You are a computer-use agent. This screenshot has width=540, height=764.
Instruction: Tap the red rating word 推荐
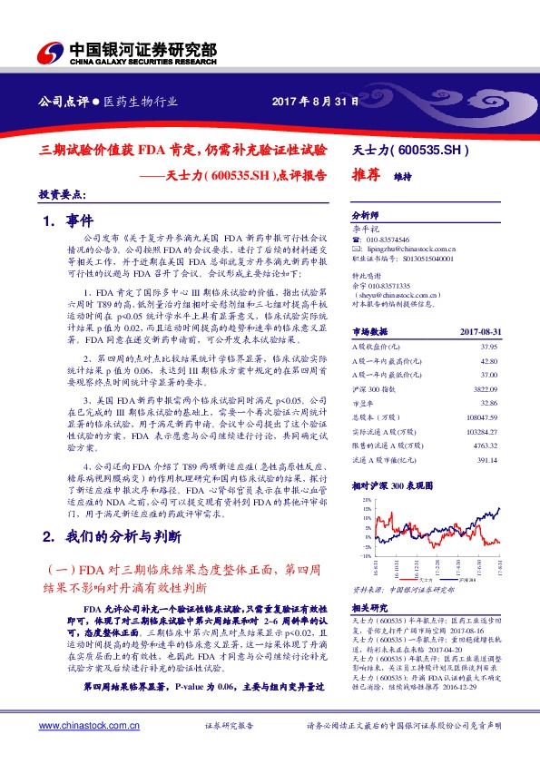[364, 179]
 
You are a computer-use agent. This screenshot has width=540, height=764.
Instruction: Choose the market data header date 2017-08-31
[478, 308]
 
